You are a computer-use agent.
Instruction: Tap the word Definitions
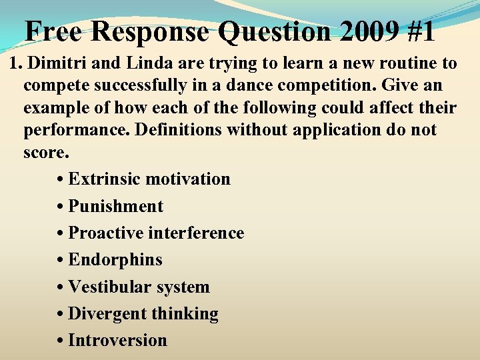pyautogui.click(x=178, y=129)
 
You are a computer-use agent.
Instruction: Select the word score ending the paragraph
pyautogui.click(x=44, y=151)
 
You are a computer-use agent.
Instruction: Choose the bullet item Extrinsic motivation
pyautogui.click(x=149, y=179)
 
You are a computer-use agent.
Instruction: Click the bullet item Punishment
pyautogui.click(x=115, y=207)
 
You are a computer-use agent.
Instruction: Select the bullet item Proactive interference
pyautogui.click(x=156, y=233)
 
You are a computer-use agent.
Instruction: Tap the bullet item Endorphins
pyautogui.click(x=115, y=260)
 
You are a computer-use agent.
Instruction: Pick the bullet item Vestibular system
pyautogui.click(x=139, y=287)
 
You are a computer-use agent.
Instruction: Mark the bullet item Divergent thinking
pyautogui.click(x=143, y=314)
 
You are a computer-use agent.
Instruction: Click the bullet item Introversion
pyautogui.click(x=117, y=341)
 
